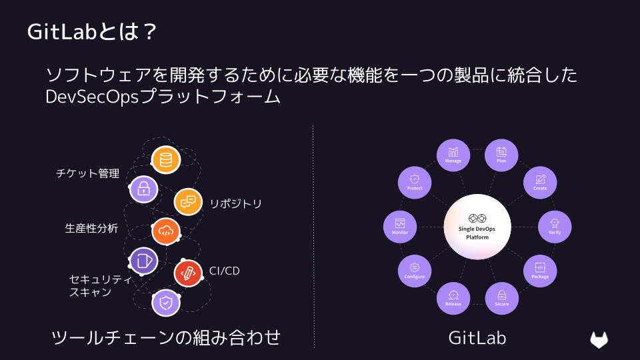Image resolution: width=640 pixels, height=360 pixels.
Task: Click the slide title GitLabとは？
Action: click(x=92, y=31)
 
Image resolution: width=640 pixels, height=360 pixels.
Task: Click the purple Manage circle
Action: click(x=453, y=155)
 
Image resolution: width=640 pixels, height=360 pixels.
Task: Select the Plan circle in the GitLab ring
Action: click(x=501, y=155)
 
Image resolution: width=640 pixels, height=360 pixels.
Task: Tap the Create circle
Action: click(x=540, y=183)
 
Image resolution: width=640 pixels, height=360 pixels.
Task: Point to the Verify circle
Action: click(x=555, y=227)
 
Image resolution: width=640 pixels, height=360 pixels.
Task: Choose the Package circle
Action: click(x=540, y=271)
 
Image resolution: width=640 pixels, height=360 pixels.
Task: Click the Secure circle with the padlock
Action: click(x=501, y=299)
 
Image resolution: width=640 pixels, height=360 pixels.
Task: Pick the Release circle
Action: click(x=453, y=299)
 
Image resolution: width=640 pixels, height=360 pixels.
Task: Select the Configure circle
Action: click(x=415, y=271)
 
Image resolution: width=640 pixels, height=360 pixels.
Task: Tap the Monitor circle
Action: click(x=400, y=227)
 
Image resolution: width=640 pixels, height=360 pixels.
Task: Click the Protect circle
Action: click(x=415, y=183)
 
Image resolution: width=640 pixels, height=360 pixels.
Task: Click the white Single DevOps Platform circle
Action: click(x=477, y=227)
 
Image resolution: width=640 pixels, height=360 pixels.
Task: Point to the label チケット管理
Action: click(x=88, y=173)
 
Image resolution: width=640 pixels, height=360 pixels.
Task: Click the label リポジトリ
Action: click(x=235, y=204)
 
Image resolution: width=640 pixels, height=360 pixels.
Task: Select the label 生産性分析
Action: click(x=91, y=228)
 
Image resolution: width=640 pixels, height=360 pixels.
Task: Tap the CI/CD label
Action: click(x=224, y=271)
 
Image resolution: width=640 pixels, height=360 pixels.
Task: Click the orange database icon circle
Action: click(x=166, y=159)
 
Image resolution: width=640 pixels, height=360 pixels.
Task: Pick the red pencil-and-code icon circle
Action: click(x=188, y=273)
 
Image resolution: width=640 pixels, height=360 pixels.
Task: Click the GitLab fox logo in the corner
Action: click(x=599, y=339)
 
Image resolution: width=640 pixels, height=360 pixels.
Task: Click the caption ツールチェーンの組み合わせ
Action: click(x=166, y=337)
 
